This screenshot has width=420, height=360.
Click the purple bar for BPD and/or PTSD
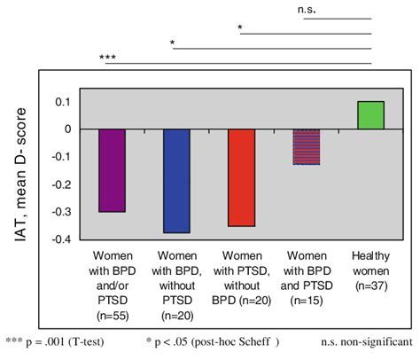(112, 170)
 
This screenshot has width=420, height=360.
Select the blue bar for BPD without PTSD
(176, 181)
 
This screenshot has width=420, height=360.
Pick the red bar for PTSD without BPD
(241, 177)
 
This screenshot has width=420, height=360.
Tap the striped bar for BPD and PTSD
(306, 146)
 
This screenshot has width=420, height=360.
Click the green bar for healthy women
(370, 115)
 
